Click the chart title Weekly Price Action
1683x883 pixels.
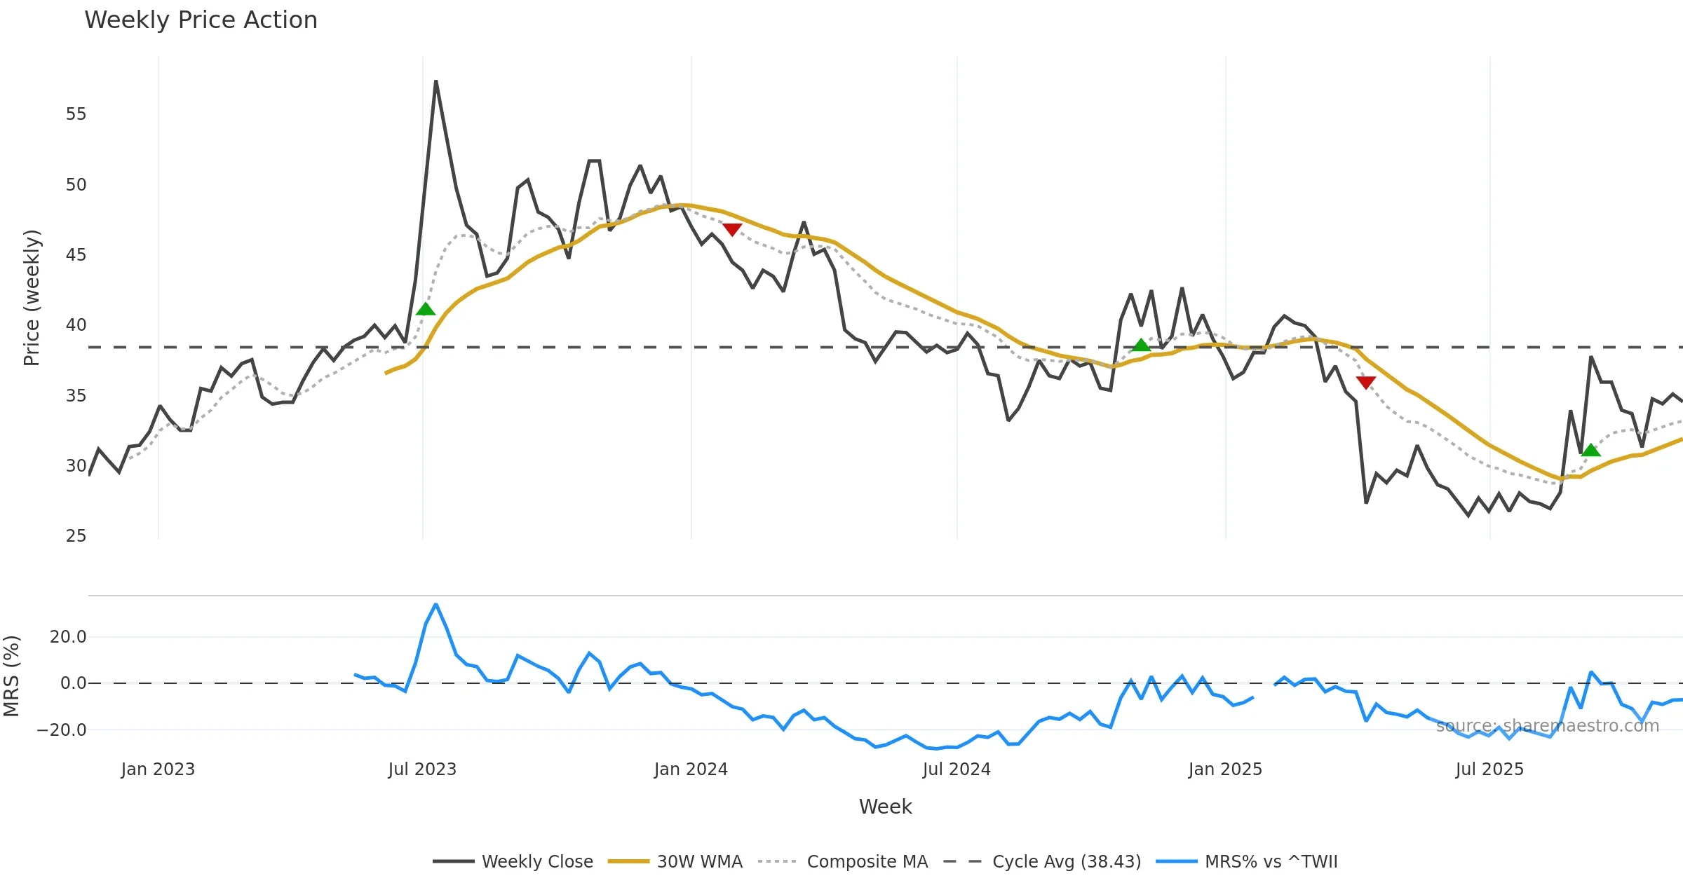click(201, 20)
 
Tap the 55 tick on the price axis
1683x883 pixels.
click(76, 114)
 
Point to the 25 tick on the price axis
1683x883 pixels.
click(76, 536)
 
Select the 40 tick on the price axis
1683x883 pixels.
click(76, 325)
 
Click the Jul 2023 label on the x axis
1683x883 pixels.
click(422, 769)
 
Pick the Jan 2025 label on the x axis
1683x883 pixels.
click(1225, 769)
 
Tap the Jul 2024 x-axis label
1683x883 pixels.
click(957, 769)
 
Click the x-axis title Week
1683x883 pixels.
click(885, 807)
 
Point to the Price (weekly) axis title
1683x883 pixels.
click(32, 298)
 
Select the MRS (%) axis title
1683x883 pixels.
click(11, 676)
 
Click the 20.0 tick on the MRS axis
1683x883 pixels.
click(68, 637)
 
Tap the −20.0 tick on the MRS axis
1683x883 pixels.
click(62, 730)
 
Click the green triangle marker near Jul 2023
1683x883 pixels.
click(426, 309)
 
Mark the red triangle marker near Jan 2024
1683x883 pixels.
click(732, 229)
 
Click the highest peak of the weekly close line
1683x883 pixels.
click(435, 82)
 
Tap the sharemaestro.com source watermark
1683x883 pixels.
click(1547, 726)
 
